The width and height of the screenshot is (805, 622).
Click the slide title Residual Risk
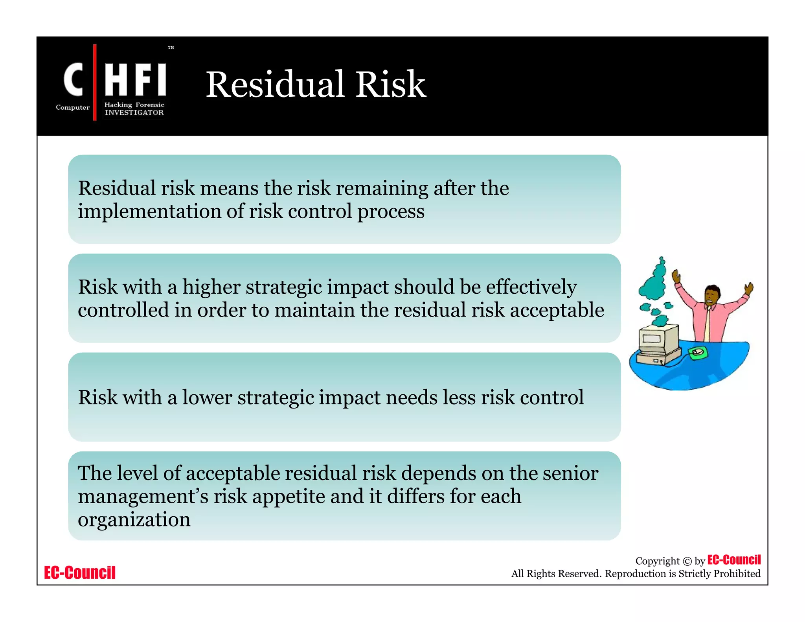click(316, 84)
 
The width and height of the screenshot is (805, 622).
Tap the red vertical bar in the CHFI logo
click(95, 82)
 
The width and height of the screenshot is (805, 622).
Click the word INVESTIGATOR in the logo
click(134, 113)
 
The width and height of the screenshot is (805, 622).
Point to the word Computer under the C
click(73, 107)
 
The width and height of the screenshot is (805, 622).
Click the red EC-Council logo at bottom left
click(80, 572)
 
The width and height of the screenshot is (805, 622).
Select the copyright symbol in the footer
click(687, 561)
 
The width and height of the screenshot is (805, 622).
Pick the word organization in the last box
click(134, 519)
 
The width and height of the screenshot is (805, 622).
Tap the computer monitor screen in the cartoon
click(652, 339)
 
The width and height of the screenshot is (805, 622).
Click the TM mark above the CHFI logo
click(171, 48)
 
